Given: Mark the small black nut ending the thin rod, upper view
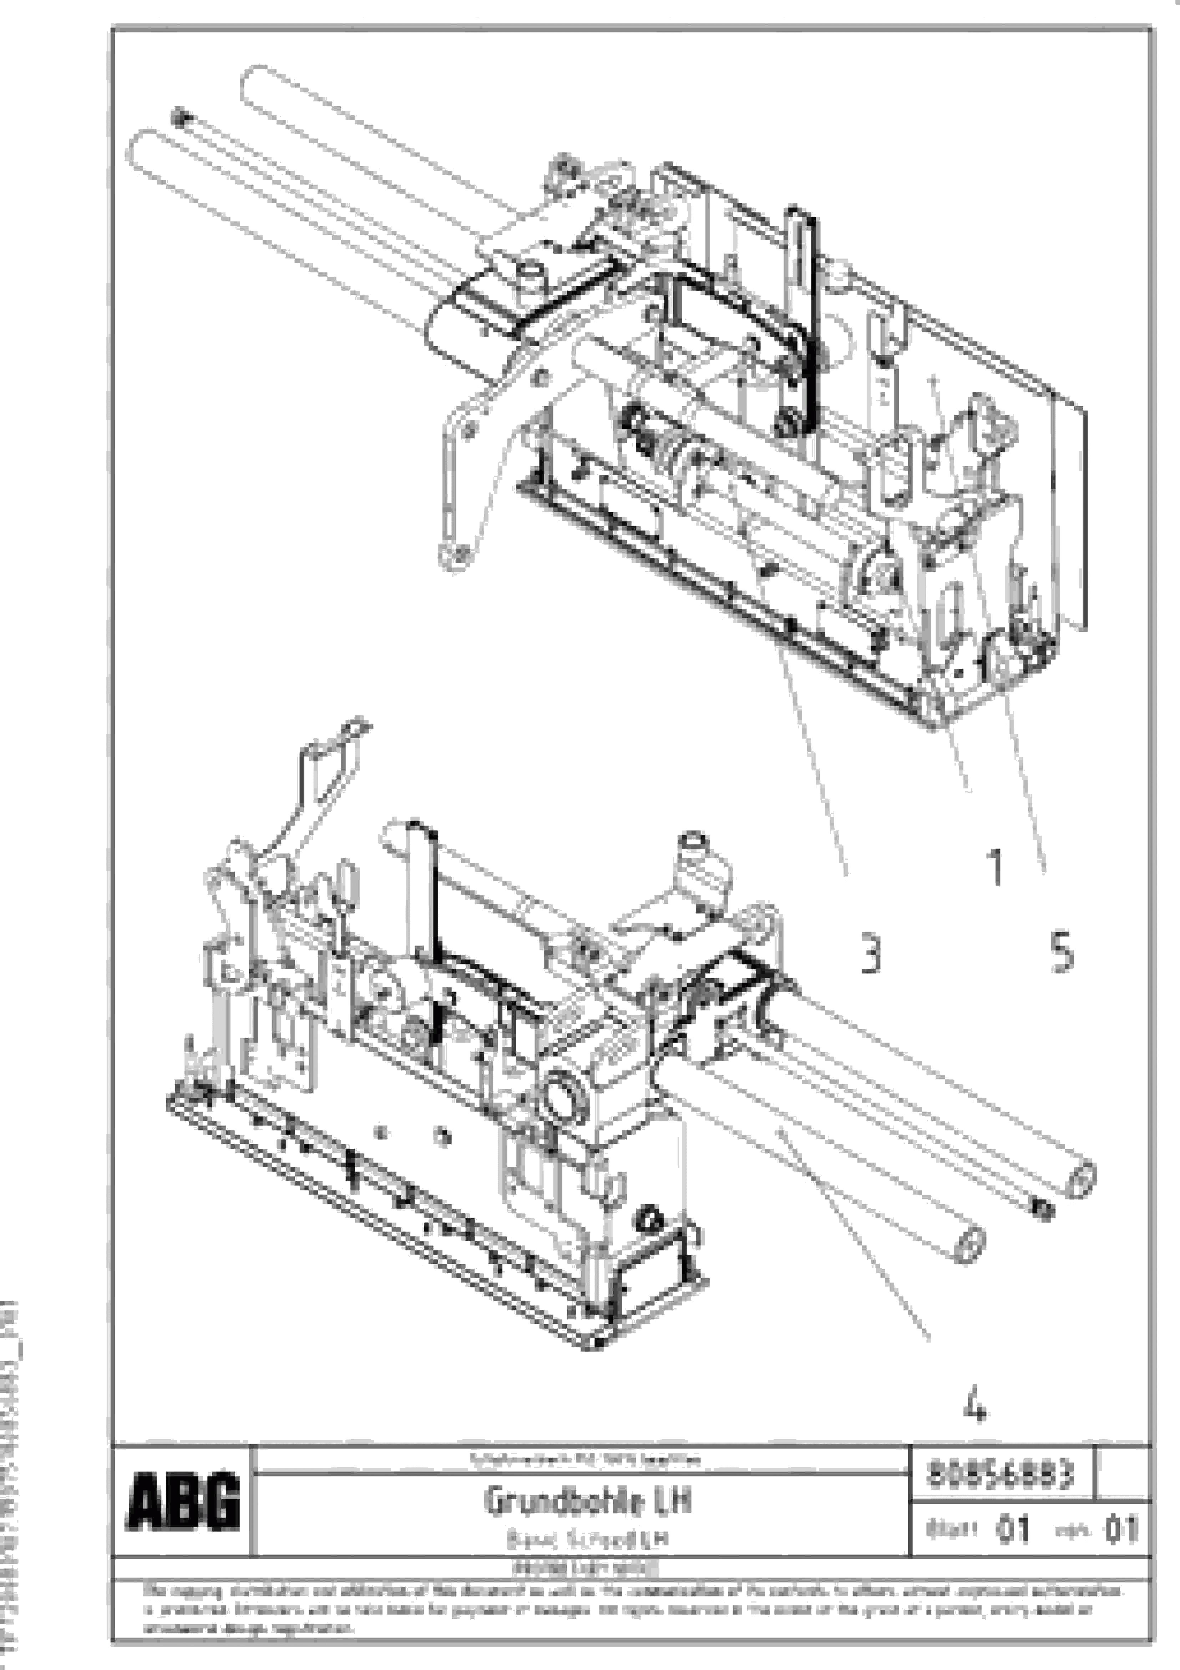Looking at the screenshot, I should (x=179, y=117).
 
